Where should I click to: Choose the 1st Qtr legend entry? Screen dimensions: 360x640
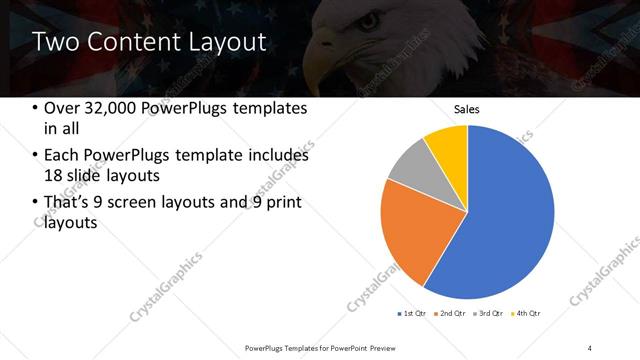(x=411, y=314)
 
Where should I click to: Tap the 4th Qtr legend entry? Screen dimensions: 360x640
(x=528, y=314)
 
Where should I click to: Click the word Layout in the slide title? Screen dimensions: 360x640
(x=225, y=43)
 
